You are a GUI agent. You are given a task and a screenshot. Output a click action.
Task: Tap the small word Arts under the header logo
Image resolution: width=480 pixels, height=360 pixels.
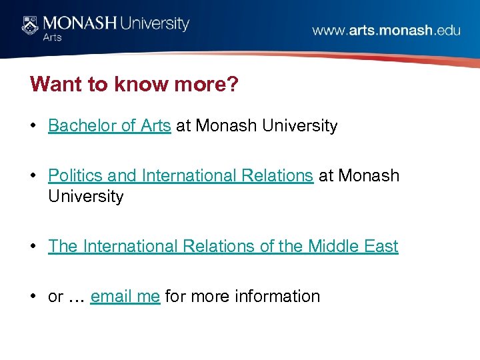(x=53, y=38)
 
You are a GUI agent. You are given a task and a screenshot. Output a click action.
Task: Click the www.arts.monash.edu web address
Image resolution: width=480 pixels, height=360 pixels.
(x=386, y=31)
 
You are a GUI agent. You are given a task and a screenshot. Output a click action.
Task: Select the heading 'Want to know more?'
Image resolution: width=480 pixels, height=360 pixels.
(x=133, y=85)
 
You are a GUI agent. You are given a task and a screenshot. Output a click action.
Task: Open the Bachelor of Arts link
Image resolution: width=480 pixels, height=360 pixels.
(x=109, y=125)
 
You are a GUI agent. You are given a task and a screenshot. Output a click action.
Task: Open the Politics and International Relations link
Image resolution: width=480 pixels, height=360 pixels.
(x=180, y=175)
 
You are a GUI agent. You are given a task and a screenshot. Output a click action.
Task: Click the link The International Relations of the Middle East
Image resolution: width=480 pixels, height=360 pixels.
(x=223, y=246)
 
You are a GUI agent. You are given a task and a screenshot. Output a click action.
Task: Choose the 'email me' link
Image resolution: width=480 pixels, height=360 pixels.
(x=125, y=296)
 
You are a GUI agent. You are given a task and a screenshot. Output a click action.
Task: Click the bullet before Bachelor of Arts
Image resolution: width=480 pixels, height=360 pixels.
(x=34, y=126)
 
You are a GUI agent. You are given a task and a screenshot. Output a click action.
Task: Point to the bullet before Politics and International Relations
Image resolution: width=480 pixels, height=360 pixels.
(x=34, y=176)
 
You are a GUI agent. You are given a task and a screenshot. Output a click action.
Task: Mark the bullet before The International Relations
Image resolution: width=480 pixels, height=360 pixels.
(x=34, y=247)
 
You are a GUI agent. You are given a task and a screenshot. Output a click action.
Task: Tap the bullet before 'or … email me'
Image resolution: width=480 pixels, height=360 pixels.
(x=34, y=297)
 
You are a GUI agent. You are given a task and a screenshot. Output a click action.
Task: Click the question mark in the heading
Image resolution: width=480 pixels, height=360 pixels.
(x=232, y=85)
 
